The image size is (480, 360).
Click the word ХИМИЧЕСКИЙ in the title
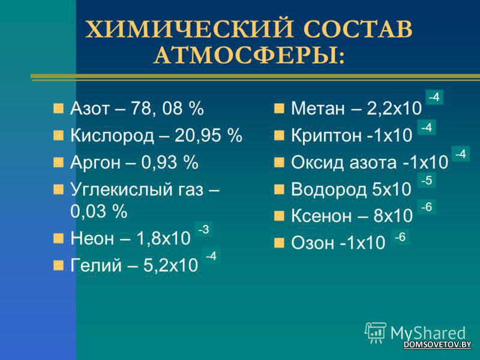(190, 29)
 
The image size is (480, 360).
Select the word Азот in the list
(89, 109)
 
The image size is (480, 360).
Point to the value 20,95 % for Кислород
(208, 136)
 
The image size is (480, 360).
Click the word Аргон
(95, 163)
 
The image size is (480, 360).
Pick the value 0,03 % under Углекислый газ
(98, 211)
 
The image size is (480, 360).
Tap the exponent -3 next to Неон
(203, 229)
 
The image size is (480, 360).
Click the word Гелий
(96, 265)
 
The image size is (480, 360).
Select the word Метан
(318, 109)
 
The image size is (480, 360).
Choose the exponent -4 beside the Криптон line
(427, 127)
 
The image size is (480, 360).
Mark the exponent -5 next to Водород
(427, 181)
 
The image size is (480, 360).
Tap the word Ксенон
(321, 216)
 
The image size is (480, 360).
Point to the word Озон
(313, 243)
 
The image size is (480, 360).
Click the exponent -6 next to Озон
(400, 237)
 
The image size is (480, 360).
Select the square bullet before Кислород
(58, 136)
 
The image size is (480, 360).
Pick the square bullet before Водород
(279, 189)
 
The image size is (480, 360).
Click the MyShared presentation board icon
(375, 332)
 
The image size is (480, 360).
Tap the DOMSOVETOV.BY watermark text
(437, 344)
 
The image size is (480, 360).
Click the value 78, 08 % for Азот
(167, 109)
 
